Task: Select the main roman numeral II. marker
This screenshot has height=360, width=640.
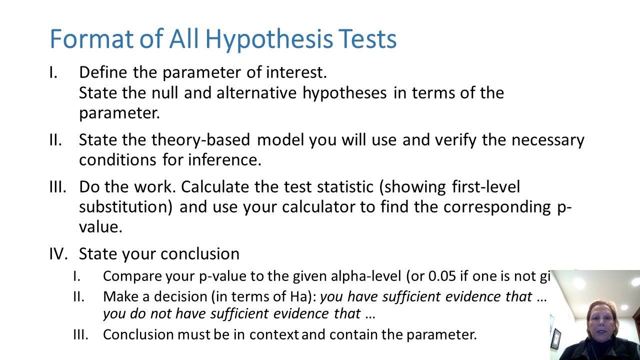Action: (x=55, y=140)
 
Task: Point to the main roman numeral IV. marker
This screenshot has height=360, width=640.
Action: (x=58, y=253)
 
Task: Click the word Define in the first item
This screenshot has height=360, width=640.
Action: (x=103, y=72)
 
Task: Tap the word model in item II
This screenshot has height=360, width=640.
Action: (x=280, y=140)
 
